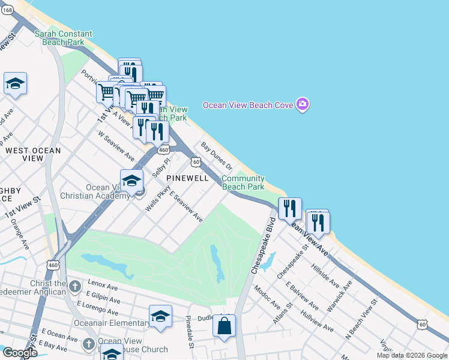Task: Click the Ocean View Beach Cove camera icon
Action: pyautogui.click(x=303, y=104)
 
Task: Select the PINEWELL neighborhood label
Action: pyautogui.click(x=187, y=178)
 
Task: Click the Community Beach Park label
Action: pyautogui.click(x=243, y=183)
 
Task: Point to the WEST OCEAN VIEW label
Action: pyautogui.click(x=25, y=154)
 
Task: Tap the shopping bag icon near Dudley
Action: pyautogui.click(x=224, y=326)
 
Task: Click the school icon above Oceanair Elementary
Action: pyautogui.click(x=160, y=316)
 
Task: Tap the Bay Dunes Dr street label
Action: pyautogui.click(x=216, y=155)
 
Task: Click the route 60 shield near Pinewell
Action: pyautogui.click(x=196, y=161)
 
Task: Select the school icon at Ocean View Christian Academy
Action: pyautogui.click(x=131, y=180)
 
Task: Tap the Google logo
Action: pyautogui.click(x=20, y=353)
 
